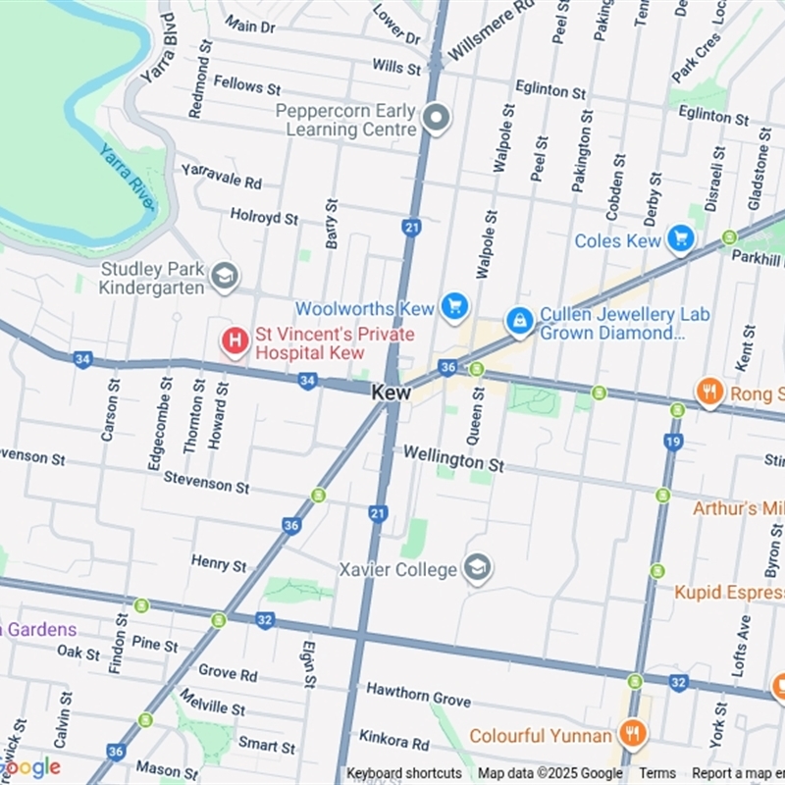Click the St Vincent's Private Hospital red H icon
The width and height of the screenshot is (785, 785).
tap(235, 341)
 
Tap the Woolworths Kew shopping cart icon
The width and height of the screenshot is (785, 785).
tap(452, 307)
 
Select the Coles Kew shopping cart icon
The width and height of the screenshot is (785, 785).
tap(679, 238)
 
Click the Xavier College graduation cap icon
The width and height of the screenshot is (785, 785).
tap(477, 568)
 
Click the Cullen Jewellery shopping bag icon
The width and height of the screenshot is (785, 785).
tap(519, 320)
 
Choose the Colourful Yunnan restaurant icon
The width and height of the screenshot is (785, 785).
tap(631, 734)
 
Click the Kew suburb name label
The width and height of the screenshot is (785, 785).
tap(391, 392)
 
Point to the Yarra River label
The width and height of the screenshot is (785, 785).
tap(127, 176)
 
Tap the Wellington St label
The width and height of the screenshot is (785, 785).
tap(453, 457)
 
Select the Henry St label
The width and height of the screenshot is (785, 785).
tap(219, 563)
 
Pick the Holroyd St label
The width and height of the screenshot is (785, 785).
tap(264, 216)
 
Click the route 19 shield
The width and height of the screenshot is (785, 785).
tap(672, 442)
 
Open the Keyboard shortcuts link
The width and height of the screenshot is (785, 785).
tap(403, 773)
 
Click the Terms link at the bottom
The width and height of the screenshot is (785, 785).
tap(657, 773)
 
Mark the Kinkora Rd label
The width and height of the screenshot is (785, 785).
tap(394, 739)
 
